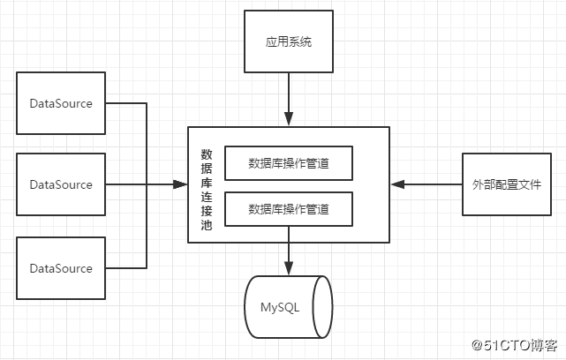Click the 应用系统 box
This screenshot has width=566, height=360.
click(x=288, y=41)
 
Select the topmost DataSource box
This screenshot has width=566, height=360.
click(x=62, y=103)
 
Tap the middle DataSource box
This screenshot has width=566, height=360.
click(x=62, y=184)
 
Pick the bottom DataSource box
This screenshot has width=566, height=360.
click(x=62, y=268)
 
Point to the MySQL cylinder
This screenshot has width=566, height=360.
click(x=288, y=307)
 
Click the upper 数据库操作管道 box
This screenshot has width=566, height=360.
click(x=289, y=162)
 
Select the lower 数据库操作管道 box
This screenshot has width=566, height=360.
click(x=289, y=209)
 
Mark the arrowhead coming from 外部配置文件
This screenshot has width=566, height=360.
click(x=397, y=184)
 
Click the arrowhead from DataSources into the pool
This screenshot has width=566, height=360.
click(x=181, y=184)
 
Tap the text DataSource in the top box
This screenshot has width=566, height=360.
click(x=61, y=103)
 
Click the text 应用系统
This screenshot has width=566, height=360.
click(x=288, y=41)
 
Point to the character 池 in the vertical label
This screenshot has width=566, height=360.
click(x=206, y=228)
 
